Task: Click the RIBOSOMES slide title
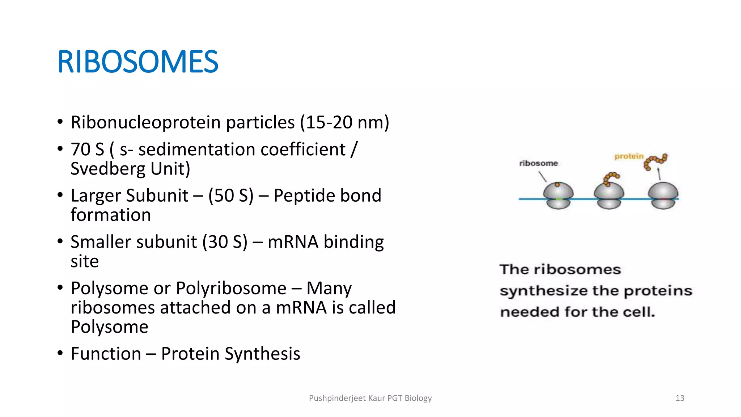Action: tap(138, 62)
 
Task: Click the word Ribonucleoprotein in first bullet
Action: tap(145, 122)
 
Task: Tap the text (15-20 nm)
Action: tap(344, 122)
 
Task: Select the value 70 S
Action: tap(87, 149)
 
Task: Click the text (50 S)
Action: tap(231, 196)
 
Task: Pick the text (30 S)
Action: tap(225, 242)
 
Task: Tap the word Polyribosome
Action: tap(231, 288)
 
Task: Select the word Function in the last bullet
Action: tap(106, 354)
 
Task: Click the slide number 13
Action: tap(680, 398)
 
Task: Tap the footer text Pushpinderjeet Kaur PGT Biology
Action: tap(370, 398)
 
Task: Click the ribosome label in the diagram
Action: tap(538, 163)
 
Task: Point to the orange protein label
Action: tap(629, 156)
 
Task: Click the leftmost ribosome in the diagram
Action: tap(558, 196)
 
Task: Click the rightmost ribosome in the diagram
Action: tap(663, 196)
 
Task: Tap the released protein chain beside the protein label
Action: tap(655, 161)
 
